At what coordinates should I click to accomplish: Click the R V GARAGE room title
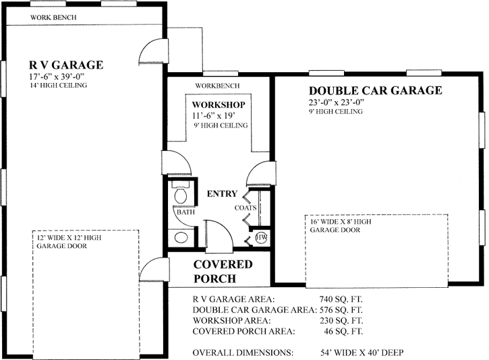65,65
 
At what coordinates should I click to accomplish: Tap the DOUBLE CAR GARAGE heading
375,90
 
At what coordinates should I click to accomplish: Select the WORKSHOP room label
218,105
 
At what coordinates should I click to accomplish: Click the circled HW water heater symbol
261,237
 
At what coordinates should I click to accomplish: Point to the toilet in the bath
181,195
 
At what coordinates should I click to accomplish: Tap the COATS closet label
246,208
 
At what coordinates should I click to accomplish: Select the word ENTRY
222,194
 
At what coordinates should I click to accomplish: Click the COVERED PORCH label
223,271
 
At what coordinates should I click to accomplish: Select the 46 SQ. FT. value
344,331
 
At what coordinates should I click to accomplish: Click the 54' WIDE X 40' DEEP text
363,353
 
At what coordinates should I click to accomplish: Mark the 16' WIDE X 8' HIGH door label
341,221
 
